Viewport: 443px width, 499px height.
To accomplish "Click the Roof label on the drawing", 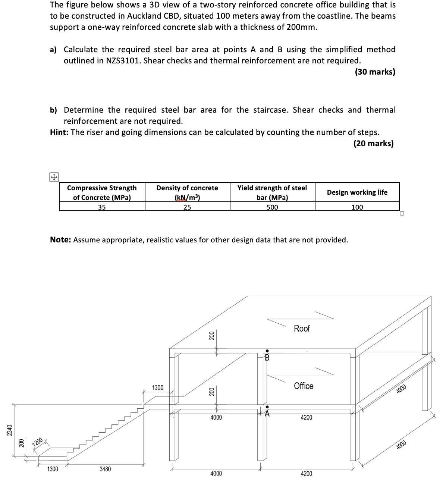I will pos(302,328).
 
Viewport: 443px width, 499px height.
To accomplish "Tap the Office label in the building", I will pos(304,386).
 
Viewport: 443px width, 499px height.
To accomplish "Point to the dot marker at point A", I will pos(267,407).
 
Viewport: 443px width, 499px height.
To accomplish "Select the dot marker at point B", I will pos(267,351).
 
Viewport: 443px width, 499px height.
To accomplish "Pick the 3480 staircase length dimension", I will pos(105,469).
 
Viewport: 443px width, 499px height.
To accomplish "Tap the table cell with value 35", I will pos(102,207).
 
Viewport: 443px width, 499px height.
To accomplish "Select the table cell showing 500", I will pos(272,207).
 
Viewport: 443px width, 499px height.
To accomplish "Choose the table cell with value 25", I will pos(187,207).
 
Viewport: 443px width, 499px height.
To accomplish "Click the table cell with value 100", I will pos(357,207).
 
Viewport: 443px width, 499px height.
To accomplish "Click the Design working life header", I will pos(357,192).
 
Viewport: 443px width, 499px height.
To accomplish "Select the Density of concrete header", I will pos(187,192).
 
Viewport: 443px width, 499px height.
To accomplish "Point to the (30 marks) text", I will pos(375,72).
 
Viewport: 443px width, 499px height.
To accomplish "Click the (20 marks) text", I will pos(373,144).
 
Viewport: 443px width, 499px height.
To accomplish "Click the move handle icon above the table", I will pos(54,178).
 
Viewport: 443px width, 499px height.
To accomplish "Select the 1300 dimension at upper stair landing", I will pos(158,388).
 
